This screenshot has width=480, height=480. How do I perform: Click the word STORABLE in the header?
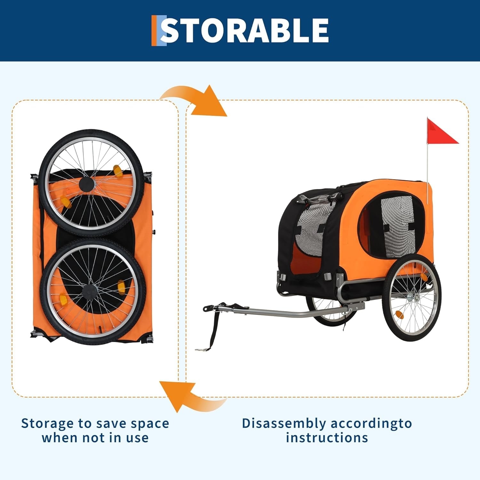[x=245, y=30]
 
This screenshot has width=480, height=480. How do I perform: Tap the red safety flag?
[x=442, y=132]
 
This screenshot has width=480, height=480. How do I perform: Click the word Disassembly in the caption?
[x=284, y=424]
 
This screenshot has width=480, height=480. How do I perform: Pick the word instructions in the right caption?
[x=327, y=437]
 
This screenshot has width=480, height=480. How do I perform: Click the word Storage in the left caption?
[x=47, y=424]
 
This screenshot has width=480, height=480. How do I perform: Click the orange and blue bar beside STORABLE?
[x=159, y=30]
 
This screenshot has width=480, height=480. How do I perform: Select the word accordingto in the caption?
[x=372, y=424]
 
